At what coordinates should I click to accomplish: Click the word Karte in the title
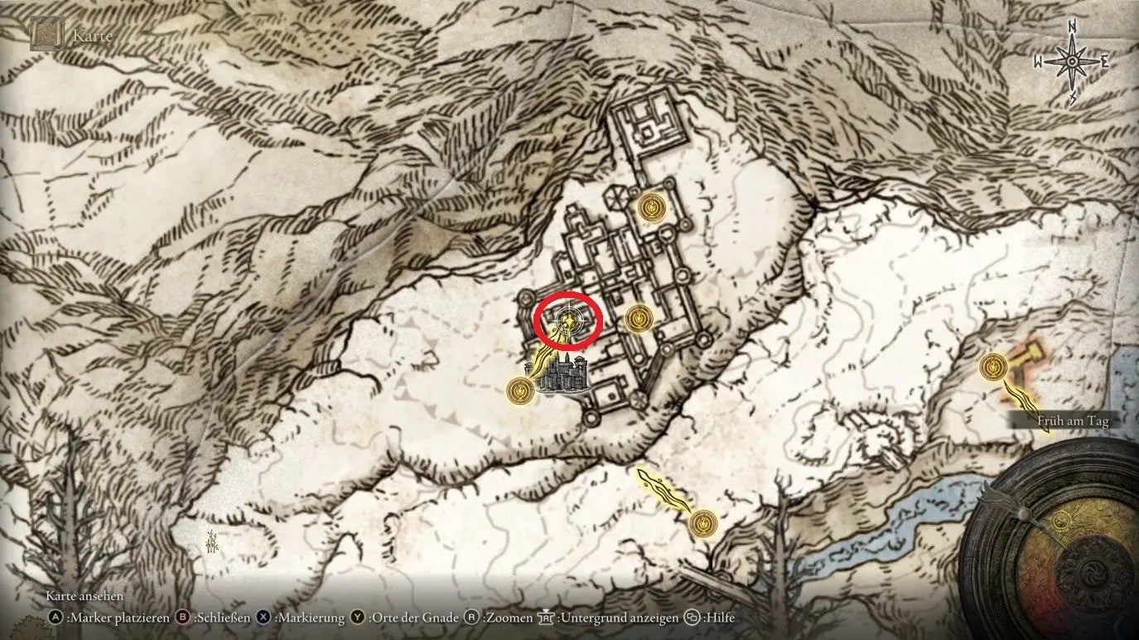pyautogui.click(x=92, y=36)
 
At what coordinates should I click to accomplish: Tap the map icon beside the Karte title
pyautogui.click(x=46, y=36)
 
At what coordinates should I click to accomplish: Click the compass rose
pyautogui.click(x=1072, y=62)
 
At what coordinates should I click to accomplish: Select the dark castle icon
pyautogui.click(x=562, y=374)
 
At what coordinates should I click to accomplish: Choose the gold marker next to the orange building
pyautogui.click(x=993, y=365)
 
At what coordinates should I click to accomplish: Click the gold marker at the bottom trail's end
pyautogui.click(x=702, y=522)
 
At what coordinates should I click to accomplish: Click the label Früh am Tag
pyautogui.click(x=1072, y=421)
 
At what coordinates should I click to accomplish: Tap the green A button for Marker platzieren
pyautogui.click(x=56, y=618)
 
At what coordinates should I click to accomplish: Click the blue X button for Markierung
pyautogui.click(x=263, y=618)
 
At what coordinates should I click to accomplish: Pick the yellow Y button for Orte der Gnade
pyautogui.click(x=357, y=618)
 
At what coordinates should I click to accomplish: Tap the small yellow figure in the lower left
pyautogui.click(x=214, y=541)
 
